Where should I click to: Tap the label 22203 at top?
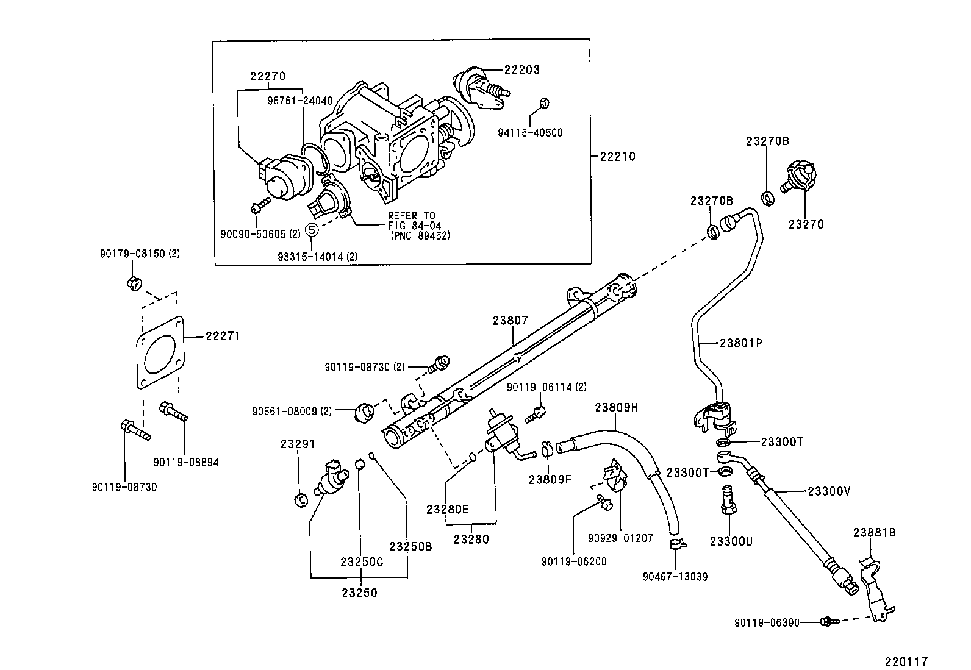pyautogui.click(x=521, y=69)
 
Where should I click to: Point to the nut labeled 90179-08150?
pyautogui.click(x=134, y=283)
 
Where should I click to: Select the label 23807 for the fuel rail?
pyautogui.click(x=511, y=320)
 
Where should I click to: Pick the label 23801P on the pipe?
pyautogui.click(x=740, y=343)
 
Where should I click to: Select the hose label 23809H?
pyautogui.click(x=616, y=407)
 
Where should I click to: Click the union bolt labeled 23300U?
pyautogui.click(x=727, y=499)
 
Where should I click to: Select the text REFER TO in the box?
pyautogui.click(x=411, y=215)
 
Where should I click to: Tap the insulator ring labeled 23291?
pyautogui.click(x=299, y=501)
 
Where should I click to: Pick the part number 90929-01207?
pyautogui.click(x=620, y=538)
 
